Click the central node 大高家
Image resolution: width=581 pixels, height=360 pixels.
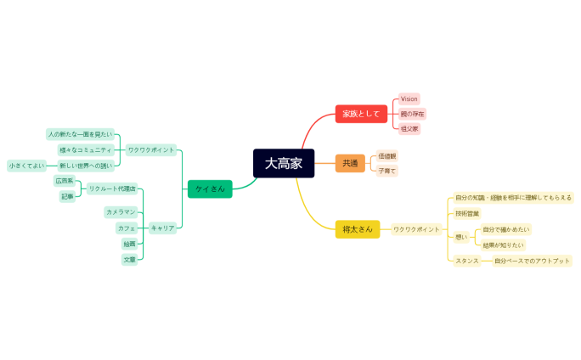(284, 163)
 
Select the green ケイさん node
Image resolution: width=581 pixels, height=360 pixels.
(210, 188)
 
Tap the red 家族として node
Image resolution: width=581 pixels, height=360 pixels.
(361, 114)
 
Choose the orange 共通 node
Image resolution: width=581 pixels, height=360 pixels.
(350, 163)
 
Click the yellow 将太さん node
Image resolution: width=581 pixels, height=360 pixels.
(358, 229)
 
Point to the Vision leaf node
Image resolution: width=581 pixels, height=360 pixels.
(409, 99)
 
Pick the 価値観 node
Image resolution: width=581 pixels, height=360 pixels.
(387, 156)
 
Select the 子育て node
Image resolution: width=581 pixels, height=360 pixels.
(387, 171)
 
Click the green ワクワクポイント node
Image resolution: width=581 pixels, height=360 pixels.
(151, 149)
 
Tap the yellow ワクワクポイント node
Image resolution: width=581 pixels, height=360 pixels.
(416, 229)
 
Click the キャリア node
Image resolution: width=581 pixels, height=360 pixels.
(162, 228)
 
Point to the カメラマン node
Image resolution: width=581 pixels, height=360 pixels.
(121, 211)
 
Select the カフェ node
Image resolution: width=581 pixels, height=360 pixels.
(127, 228)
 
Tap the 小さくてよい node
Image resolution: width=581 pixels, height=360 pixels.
(26, 166)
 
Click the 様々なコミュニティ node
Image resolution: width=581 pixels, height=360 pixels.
(85, 149)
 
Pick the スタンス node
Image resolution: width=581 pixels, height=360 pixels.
(467, 261)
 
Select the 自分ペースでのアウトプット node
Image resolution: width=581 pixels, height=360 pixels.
(533, 261)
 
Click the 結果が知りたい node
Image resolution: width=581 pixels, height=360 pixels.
(503, 245)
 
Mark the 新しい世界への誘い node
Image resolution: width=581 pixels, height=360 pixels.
(85, 166)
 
